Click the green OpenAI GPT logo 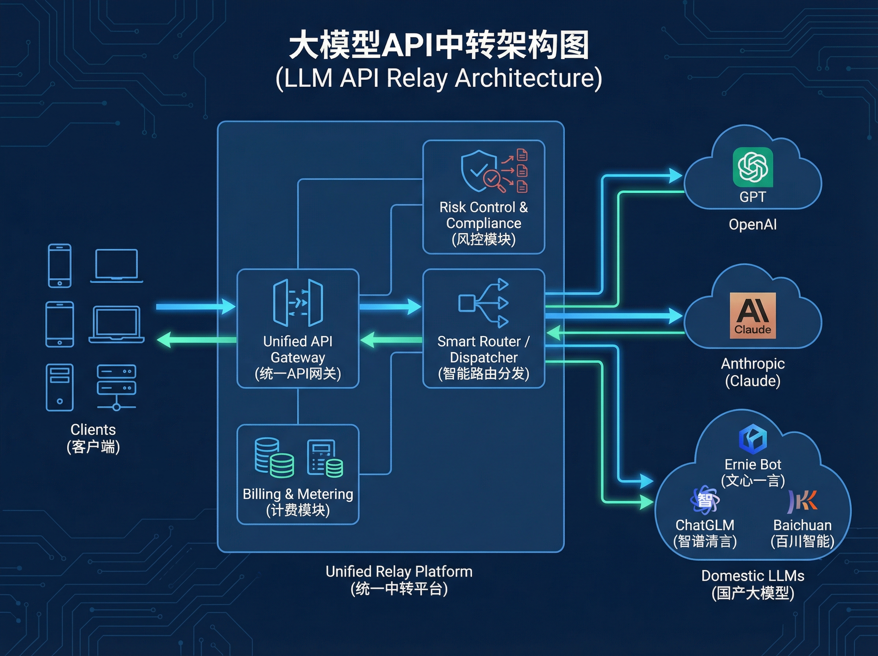[753, 167]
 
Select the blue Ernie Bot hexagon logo [753, 439]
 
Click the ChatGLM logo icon [705, 500]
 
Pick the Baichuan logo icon [802, 500]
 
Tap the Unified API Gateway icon [298, 303]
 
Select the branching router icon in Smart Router [484, 303]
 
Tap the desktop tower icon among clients [60, 387]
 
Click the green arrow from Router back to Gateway [391, 340]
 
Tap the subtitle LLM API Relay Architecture [439, 78]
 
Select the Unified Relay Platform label [399, 571]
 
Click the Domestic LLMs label [753, 576]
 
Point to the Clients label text [93, 430]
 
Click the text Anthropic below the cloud [753, 364]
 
